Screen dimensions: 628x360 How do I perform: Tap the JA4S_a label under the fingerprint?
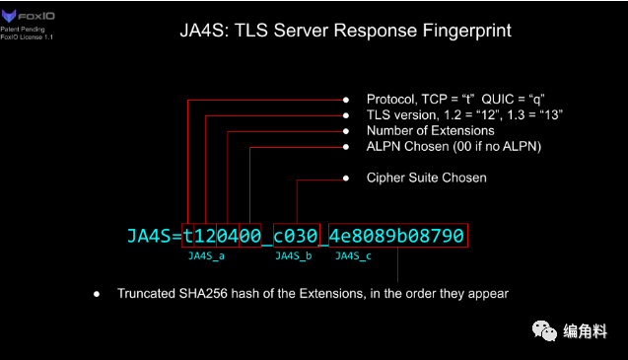tap(206, 256)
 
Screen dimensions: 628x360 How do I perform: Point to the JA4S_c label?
tap(353, 256)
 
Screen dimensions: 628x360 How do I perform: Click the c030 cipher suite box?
tap(296, 236)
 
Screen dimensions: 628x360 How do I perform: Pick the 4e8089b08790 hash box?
tap(397, 236)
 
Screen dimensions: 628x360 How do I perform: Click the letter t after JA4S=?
tap(188, 236)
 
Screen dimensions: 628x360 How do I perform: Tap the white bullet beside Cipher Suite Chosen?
tap(345, 179)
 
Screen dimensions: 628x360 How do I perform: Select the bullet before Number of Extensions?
tap(345, 131)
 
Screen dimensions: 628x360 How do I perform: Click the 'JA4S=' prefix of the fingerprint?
tap(155, 236)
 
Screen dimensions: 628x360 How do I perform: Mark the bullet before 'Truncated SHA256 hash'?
tap(97, 294)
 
